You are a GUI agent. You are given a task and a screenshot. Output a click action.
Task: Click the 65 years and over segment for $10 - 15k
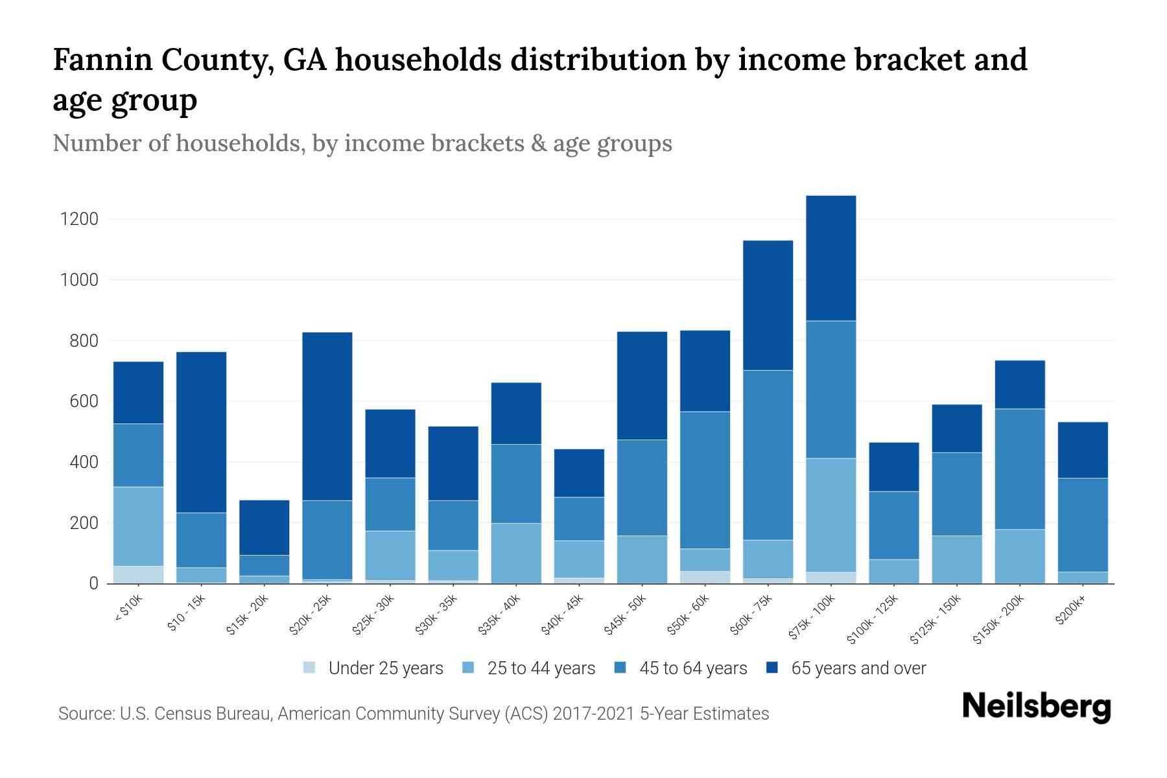click(x=201, y=432)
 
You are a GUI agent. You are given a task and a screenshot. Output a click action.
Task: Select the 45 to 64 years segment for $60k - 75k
click(x=768, y=455)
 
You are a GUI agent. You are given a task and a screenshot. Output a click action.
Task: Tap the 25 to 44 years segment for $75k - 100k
click(x=831, y=515)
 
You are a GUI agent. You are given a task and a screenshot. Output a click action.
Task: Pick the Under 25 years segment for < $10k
click(x=138, y=574)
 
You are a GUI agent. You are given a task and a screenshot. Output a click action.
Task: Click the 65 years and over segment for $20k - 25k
click(x=327, y=416)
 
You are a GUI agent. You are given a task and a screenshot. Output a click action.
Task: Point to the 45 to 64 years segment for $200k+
click(x=1083, y=525)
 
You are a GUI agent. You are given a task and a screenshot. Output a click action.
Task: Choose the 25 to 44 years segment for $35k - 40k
click(x=516, y=553)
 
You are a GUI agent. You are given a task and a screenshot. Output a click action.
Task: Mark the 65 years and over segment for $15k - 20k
click(x=264, y=527)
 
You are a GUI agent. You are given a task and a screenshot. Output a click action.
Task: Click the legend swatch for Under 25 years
click(x=310, y=668)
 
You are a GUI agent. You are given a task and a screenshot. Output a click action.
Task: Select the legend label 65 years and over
click(x=858, y=668)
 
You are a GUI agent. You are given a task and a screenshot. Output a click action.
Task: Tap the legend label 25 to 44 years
click(x=541, y=668)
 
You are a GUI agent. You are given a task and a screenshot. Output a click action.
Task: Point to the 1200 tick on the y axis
click(x=79, y=219)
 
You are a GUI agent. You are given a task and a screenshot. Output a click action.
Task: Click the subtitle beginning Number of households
click(x=362, y=143)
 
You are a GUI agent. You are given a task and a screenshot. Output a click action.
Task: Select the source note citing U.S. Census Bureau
click(x=413, y=714)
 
